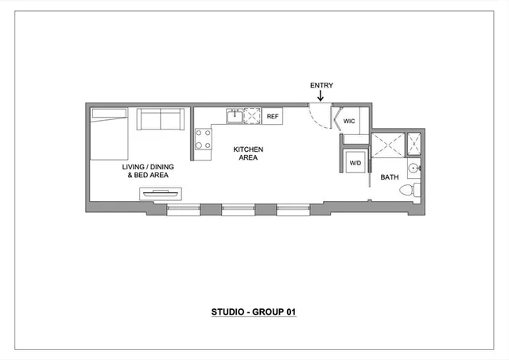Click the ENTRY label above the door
click(322, 85)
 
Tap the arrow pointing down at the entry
click(321, 96)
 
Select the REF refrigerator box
click(273, 117)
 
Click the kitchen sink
click(235, 117)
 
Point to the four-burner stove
click(203, 140)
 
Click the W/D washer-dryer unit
click(355, 162)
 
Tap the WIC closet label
click(349, 122)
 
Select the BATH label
click(389, 177)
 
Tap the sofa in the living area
click(161, 120)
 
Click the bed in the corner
click(107, 134)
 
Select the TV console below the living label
click(161, 193)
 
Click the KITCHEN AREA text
click(247, 153)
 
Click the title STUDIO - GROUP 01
click(254, 312)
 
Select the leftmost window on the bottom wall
click(184, 210)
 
